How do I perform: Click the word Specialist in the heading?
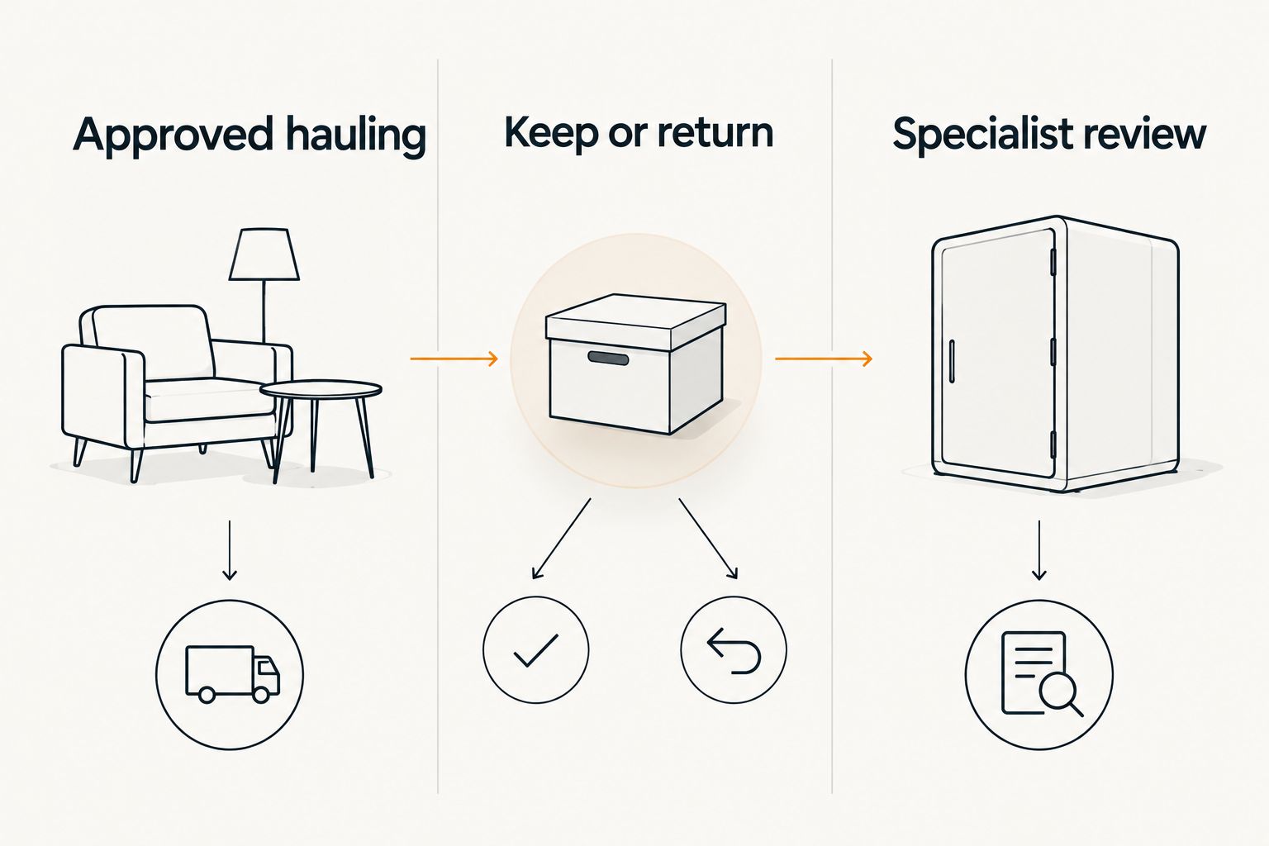tap(981, 135)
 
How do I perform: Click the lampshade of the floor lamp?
tap(264, 254)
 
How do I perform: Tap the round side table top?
tap(321, 390)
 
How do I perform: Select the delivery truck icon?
tap(232, 674)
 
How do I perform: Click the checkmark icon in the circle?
tap(535, 650)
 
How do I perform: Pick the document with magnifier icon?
tap(1041, 673)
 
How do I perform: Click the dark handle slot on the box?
tap(608, 358)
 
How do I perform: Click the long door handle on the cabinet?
tap(951, 360)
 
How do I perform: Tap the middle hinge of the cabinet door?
tap(1053, 351)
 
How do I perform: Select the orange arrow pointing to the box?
tap(454, 359)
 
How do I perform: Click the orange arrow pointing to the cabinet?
tap(823, 359)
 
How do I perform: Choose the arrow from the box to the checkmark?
tap(561, 539)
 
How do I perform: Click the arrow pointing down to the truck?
tap(230, 550)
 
